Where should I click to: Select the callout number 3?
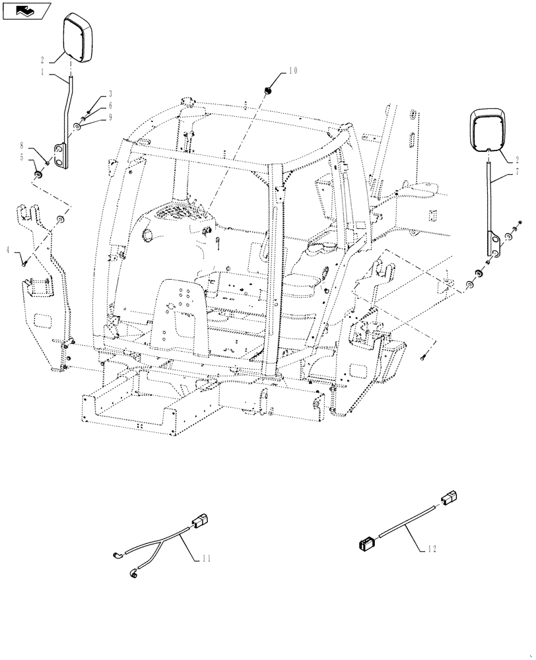[x=110, y=94]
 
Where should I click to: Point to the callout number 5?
[x=22, y=158]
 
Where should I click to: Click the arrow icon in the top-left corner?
[x=26, y=10]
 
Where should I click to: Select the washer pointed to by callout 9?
[x=78, y=126]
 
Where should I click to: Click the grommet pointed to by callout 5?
[x=39, y=176]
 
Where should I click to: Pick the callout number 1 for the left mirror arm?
[x=43, y=73]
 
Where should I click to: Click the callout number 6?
[x=110, y=105]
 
